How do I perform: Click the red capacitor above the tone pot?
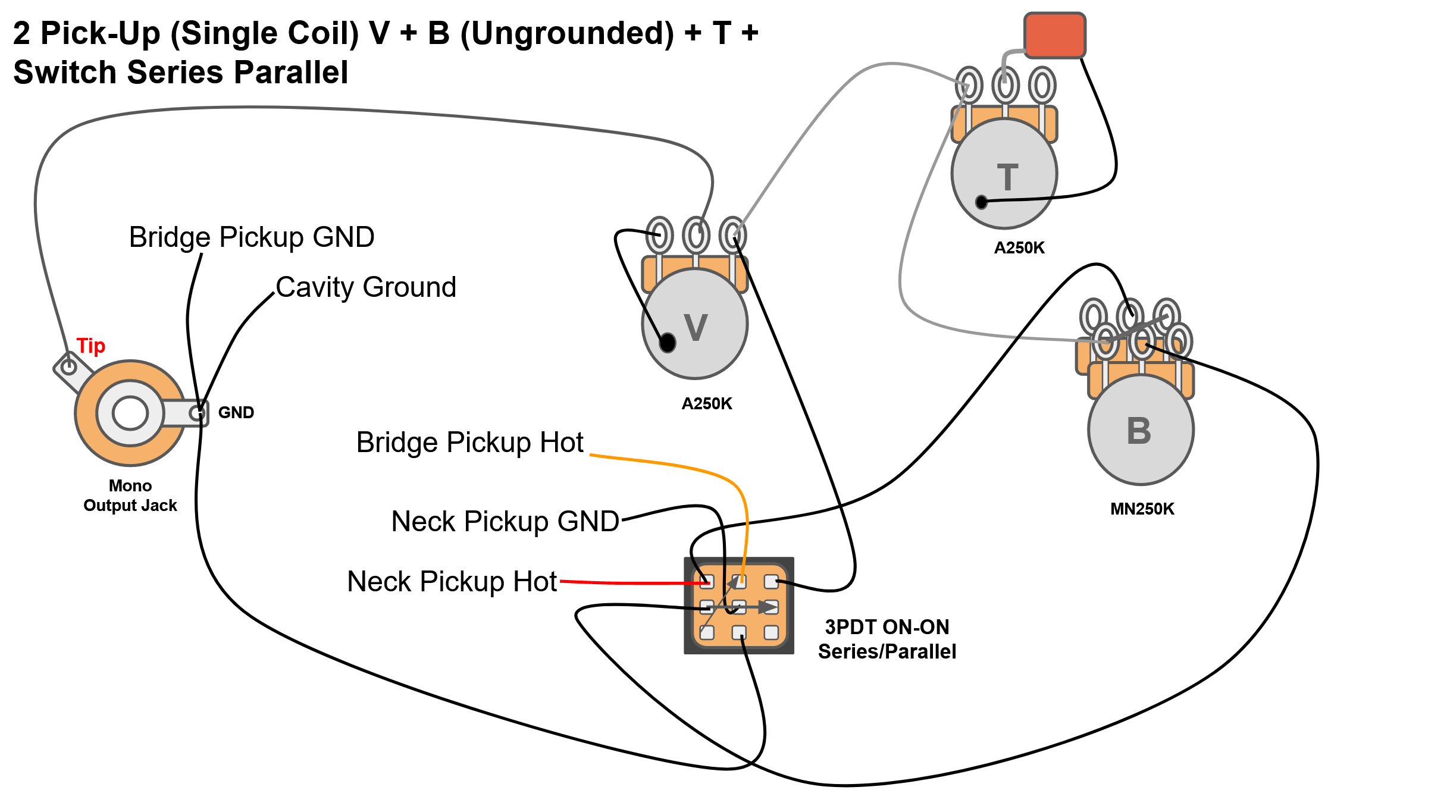click(x=1055, y=35)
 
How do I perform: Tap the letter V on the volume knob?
click(x=696, y=327)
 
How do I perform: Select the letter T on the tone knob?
click(x=1007, y=177)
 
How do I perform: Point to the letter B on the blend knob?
click(x=1139, y=431)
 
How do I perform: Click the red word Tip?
click(x=91, y=346)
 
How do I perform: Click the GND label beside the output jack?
click(x=236, y=412)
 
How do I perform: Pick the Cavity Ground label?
click(x=366, y=287)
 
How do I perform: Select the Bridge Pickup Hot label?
click(x=470, y=443)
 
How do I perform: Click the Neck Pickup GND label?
click(x=505, y=522)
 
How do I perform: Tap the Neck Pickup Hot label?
click(x=452, y=582)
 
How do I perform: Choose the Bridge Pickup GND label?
click(x=252, y=237)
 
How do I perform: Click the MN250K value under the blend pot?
click(x=1142, y=509)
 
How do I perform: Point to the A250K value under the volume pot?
click(x=707, y=404)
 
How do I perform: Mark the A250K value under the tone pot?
click(x=1019, y=248)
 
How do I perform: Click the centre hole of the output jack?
click(x=130, y=413)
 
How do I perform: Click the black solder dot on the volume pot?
click(x=668, y=343)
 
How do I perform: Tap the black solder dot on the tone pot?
click(x=982, y=202)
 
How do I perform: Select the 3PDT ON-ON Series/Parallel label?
click(x=887, y=639)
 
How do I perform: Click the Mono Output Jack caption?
click(x=130, y=496)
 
